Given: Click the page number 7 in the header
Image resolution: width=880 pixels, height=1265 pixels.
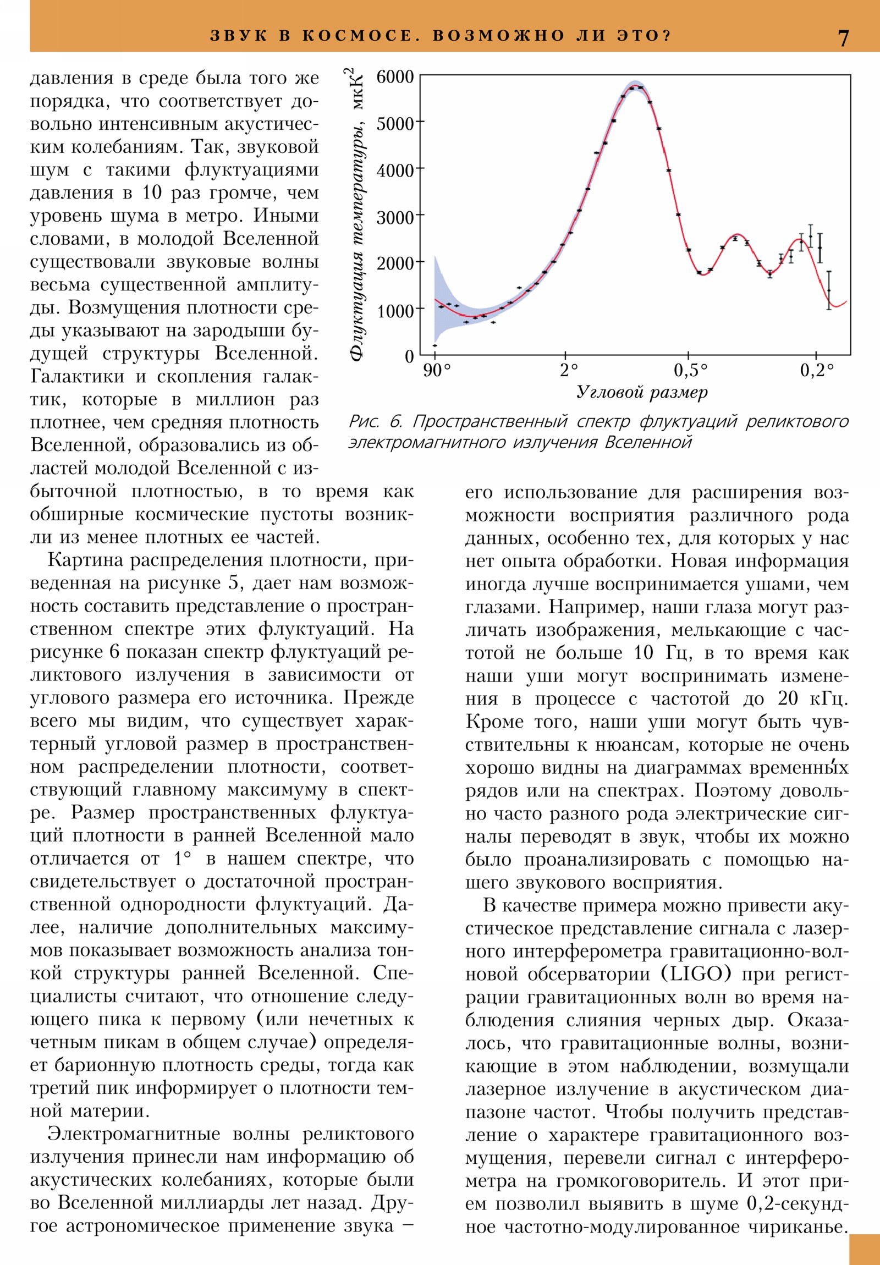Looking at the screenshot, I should tap(844, 38).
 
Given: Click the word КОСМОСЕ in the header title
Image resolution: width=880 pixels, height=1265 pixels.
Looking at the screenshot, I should tap(358, 36).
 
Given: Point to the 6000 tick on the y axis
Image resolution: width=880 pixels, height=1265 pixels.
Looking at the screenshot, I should tap(395, 76).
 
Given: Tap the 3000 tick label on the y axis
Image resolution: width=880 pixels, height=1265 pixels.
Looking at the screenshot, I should tap(395, 217).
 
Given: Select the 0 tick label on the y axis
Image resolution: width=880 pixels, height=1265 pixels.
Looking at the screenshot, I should tap(409, 356).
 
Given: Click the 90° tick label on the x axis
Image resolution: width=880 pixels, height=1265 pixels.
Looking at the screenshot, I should tap(436, 371).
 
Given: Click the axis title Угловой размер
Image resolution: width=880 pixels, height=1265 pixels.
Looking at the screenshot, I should tap(642, 392).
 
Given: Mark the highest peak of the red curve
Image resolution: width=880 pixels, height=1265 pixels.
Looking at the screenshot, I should tap(636, 86).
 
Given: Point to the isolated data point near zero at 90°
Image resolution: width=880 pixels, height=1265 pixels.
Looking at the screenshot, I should tap(435, 345).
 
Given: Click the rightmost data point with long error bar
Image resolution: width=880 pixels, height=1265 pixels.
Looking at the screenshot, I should tap(829, 290).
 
